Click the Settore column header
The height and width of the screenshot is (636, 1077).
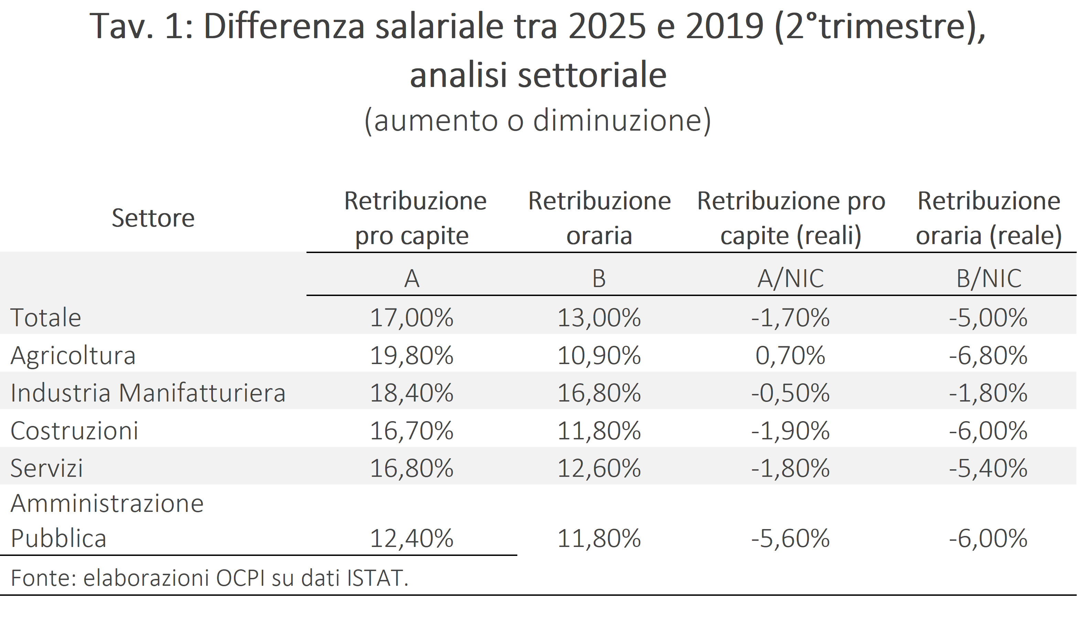click(153, 218)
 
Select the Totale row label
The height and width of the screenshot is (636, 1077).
click(46, 318)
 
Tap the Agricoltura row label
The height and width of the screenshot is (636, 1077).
click(73, 355)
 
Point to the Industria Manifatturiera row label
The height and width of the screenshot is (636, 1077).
click(148, 393)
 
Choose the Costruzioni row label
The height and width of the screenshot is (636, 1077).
click(74, 430)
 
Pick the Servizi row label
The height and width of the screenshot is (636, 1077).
click(46, 468)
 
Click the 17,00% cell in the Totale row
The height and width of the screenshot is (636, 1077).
click(412, 318)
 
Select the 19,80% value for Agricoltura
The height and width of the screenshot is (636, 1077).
click(412, 355)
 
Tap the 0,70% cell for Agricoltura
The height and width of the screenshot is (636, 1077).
click(790, 355)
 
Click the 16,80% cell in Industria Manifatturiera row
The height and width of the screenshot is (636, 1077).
click(599, 393)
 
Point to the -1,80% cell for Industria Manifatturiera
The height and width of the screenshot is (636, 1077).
click(988, 393)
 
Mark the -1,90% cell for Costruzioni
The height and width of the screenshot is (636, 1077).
click(790, 430)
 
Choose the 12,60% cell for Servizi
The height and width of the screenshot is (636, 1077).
click(599, 468)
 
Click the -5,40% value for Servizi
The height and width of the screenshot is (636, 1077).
click(988, 468)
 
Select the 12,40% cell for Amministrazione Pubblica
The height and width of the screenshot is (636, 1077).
click(412, 538)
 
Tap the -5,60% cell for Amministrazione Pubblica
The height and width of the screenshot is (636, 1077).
click(790, 538)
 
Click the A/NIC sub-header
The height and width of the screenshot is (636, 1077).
click(790, 278)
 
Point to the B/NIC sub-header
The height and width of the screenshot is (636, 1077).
click(989, 278)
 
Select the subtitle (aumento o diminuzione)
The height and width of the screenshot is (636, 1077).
click(538, 120)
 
